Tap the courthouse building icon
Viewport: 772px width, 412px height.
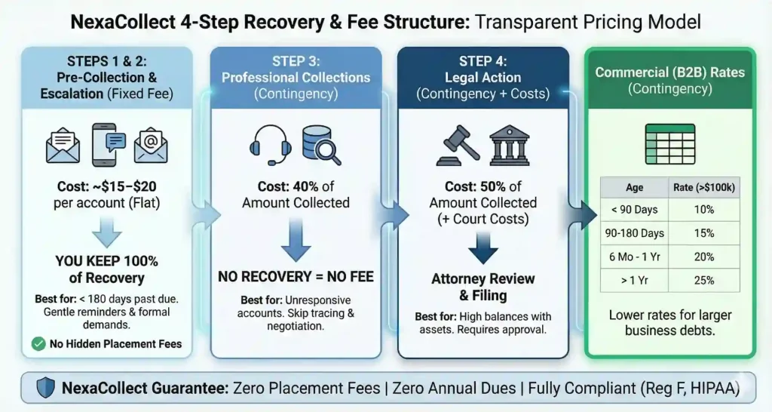click(510, 146)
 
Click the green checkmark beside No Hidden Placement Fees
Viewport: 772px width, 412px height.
click(38, 344)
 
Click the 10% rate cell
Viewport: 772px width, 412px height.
click(704, 211)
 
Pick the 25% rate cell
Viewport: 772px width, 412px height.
click(704, 280)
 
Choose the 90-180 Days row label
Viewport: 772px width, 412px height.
click(635, 234)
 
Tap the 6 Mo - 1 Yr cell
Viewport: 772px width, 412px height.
click(635, 257)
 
